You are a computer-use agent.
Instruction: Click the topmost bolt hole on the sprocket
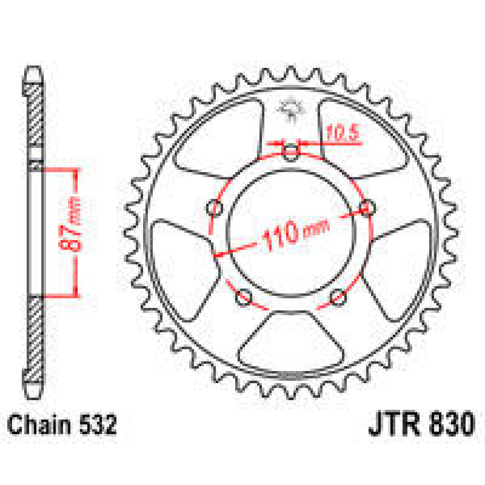tap(291, 152)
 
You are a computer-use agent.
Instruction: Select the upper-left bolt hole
tap(214, 209)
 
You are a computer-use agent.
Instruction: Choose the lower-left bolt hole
tap(244, 299)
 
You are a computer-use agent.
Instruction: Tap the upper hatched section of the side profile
tap(35, 117)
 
